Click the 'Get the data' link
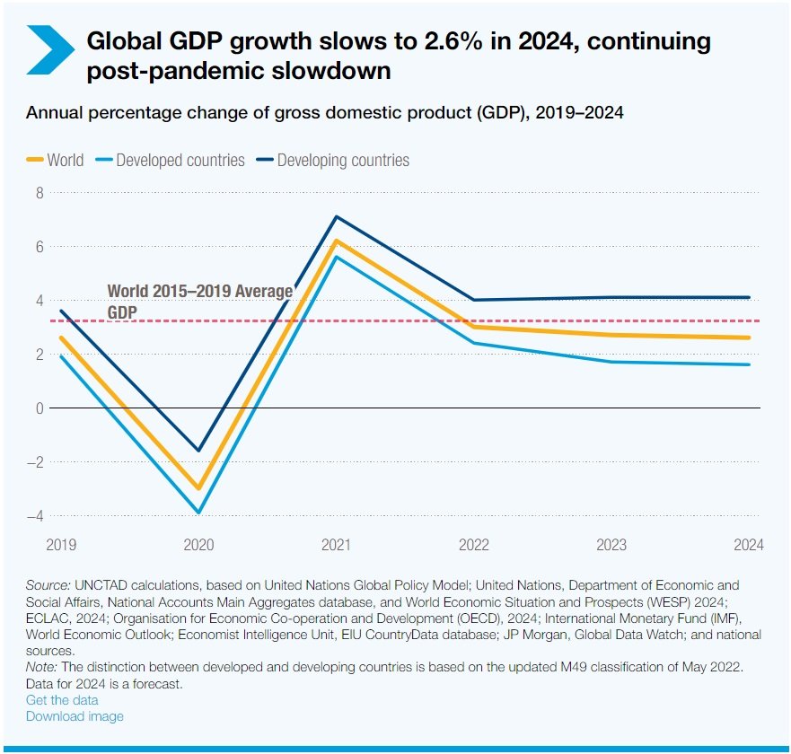(62, 699)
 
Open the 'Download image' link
(75, 716)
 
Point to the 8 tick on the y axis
(39, 192)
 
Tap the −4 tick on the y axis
(36, 516)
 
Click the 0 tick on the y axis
(39, 408)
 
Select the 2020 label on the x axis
(198, 545)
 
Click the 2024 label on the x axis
(749, 545)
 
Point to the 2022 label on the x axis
(474, 545)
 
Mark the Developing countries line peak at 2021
(336, 216)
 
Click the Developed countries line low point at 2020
(198, 513)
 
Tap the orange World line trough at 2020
(198, 488)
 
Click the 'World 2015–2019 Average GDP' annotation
(199, 301)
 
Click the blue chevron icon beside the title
(50, 50)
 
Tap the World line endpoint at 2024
(749, 338)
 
